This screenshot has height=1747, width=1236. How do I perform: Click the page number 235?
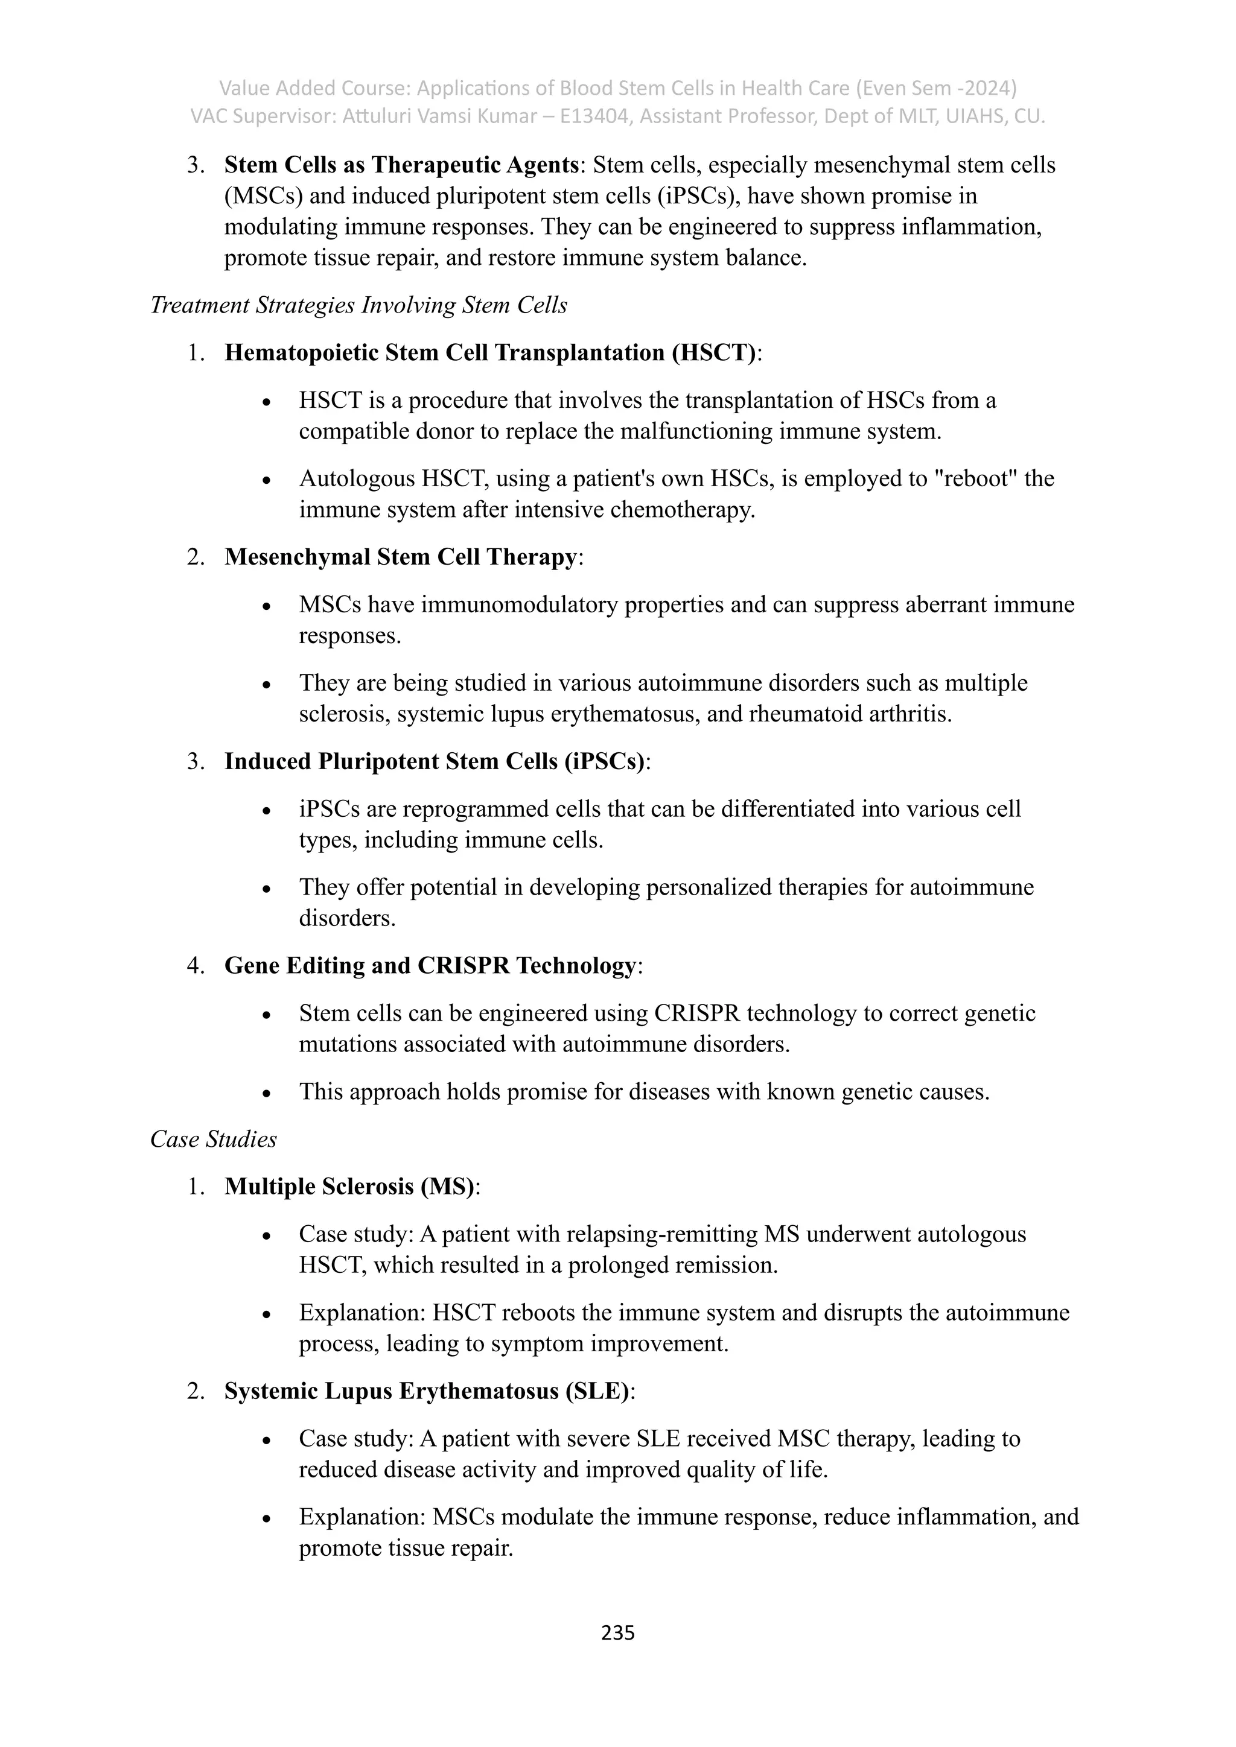(617, 1632)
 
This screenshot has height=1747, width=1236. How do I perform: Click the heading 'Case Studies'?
(213, 1139)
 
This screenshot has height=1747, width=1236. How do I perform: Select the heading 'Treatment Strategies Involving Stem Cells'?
(358, 305)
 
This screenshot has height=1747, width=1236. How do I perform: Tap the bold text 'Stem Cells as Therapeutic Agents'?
(401, 165)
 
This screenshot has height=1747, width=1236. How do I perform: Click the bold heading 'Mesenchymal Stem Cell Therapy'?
(400, 557)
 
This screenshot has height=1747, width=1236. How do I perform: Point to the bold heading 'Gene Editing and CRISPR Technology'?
(430, 966)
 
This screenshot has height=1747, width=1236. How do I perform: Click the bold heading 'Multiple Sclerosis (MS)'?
(349, 1186)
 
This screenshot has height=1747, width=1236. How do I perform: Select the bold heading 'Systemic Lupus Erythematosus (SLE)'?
(427, 1391)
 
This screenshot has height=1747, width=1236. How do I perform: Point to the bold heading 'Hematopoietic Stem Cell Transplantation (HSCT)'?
(490, 353)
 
